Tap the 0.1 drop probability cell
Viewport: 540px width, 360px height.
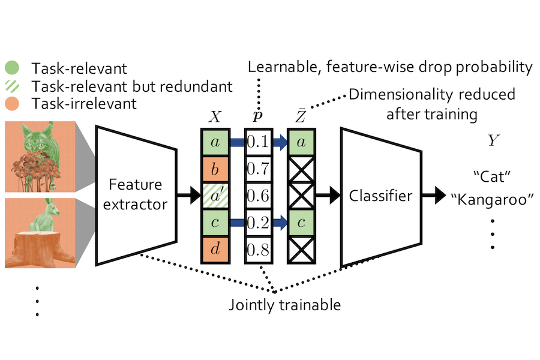pos(258,142)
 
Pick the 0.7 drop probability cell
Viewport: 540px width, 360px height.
pos(258,169)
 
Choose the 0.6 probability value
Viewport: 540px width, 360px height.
pos(258,195)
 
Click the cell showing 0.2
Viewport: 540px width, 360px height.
pos(258,221)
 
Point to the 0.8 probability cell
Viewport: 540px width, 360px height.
pos(258,248)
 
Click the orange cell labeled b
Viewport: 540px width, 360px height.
pos(215,169)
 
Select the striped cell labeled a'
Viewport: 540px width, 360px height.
pos(215,195)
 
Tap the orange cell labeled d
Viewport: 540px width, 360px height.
pos(215,248)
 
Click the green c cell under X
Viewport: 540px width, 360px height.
pos(215,221)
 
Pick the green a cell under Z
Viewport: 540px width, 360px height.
pos(302,142)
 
